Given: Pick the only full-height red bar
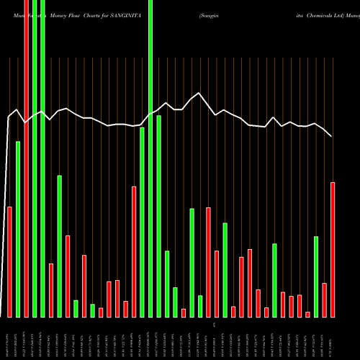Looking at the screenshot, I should [26, 158].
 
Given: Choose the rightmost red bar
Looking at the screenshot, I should [333, 249].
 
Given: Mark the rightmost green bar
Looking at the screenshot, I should [316, 276].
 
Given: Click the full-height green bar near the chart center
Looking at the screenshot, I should [150, 158].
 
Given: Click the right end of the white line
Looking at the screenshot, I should [332, 136].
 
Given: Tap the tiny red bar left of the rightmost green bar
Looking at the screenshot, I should [307, 314].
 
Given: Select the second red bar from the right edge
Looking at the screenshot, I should [324, 300].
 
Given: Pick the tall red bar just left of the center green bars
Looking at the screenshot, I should [134, 251].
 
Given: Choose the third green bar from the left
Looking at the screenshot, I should [42, 158].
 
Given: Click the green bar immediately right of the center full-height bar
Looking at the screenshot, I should [158, 216].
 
